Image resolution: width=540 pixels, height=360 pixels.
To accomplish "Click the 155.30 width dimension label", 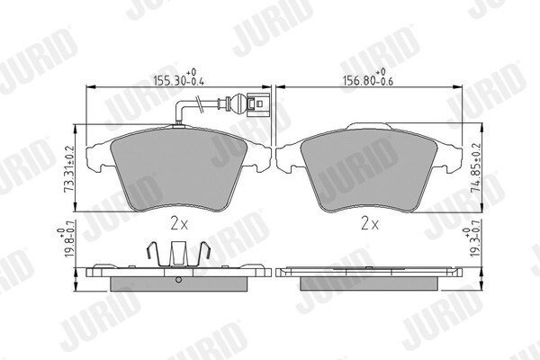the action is pyautogui.click(x=179, y=77).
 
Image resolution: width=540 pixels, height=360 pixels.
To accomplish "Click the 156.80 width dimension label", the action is pyautogui.click(x=368, y=77).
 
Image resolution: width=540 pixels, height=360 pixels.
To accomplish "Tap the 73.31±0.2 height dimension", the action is pyautogui.click(x=69, y=169).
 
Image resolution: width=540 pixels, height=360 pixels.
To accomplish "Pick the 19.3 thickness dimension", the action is pyautogui.click(x=471, y=242).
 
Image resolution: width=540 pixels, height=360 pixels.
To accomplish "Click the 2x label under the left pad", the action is pyautogui.click(x=179, y=224).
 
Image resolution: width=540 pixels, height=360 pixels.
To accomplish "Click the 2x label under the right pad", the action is pyautogui.click(x=370, y=224).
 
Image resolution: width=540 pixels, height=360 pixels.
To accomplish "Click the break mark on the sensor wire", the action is pyautogui.click(x=199, y=103).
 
